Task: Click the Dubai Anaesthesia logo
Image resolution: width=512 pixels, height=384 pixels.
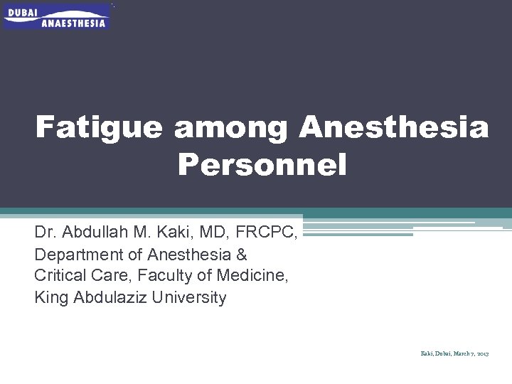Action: [x=57, y=16]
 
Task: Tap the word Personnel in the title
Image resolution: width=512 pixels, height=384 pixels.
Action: [x=262, y=166]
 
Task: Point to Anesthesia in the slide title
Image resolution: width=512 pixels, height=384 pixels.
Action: [x=394, y=129]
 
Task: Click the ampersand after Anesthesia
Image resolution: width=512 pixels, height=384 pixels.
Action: [x=240, y=254]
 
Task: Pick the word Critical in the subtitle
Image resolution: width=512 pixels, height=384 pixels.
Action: [x=58, y=276]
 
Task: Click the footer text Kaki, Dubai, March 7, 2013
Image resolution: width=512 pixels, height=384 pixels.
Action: [x=453, y=353]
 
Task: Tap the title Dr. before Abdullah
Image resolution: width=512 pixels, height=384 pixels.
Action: [x=45, y=233]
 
